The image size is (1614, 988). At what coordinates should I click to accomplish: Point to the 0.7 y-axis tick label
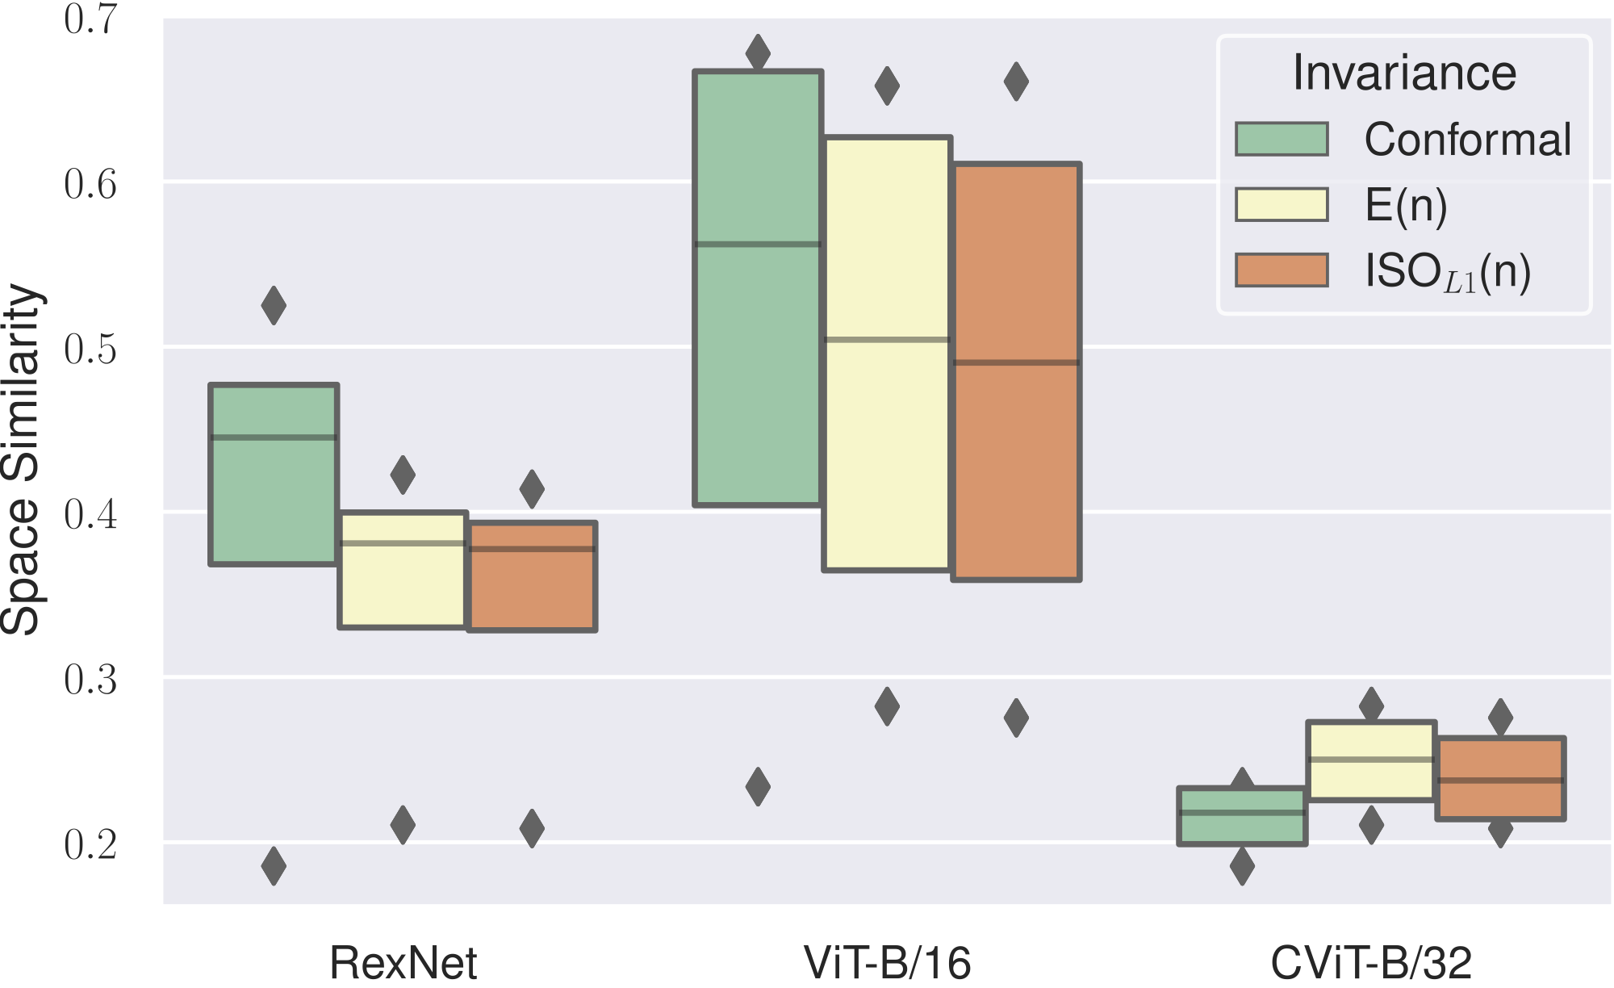point(90,19)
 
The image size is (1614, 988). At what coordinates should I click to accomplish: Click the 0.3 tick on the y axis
point(90,680)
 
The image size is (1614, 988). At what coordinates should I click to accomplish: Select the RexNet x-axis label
point(403,962)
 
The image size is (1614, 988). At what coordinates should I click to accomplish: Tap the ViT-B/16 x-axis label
point(887,962)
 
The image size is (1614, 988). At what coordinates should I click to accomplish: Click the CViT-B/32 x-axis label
point(1371,962)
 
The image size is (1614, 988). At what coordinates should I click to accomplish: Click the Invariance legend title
point(1404,73)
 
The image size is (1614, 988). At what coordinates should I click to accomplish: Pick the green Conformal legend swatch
point(1282,139)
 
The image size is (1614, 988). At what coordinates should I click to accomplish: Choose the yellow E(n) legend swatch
point(1282,204)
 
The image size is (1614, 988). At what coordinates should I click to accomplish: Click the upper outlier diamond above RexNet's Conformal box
point(274,305)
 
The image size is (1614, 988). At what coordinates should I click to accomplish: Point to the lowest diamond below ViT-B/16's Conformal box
point(758,787)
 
